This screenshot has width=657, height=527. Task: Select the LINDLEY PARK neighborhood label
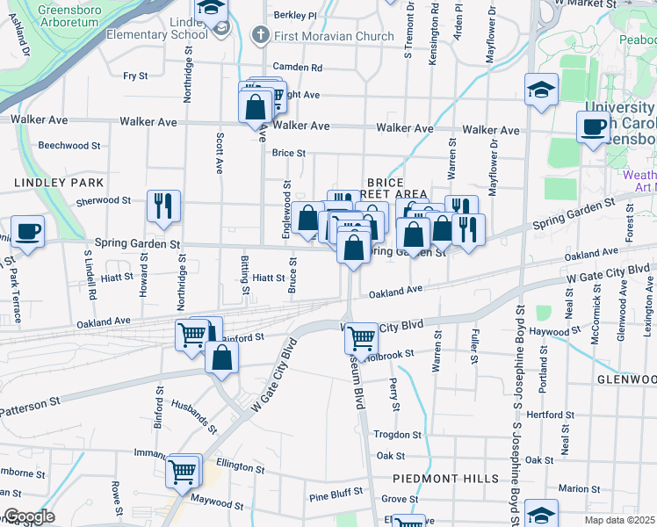pyautogui.click(x=59, y=183)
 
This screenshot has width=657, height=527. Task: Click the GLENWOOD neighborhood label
pyautogui.click(x=625, y=379)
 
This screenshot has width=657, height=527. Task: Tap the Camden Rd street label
pyautogui.click(x=298, y=67)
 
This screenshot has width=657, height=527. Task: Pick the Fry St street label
pyautogui.click(x=135, y=76)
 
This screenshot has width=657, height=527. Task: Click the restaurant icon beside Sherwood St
pyautogui.click(x=163, y=206)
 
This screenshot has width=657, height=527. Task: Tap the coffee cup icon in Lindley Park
pyautogui.click(x=27, y=232)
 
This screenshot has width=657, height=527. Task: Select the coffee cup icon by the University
pyautogui.click(x=594, y=126)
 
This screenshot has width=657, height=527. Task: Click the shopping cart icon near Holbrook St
pyautogui.click(x=361, y=336)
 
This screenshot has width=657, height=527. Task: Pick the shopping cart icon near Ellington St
pyautogui.click(x=183, y=472)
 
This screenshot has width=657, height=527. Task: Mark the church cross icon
pyautogui.click(x=260, y=37)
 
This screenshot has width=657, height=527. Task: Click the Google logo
pyautogui.click(x=28, y=516)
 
